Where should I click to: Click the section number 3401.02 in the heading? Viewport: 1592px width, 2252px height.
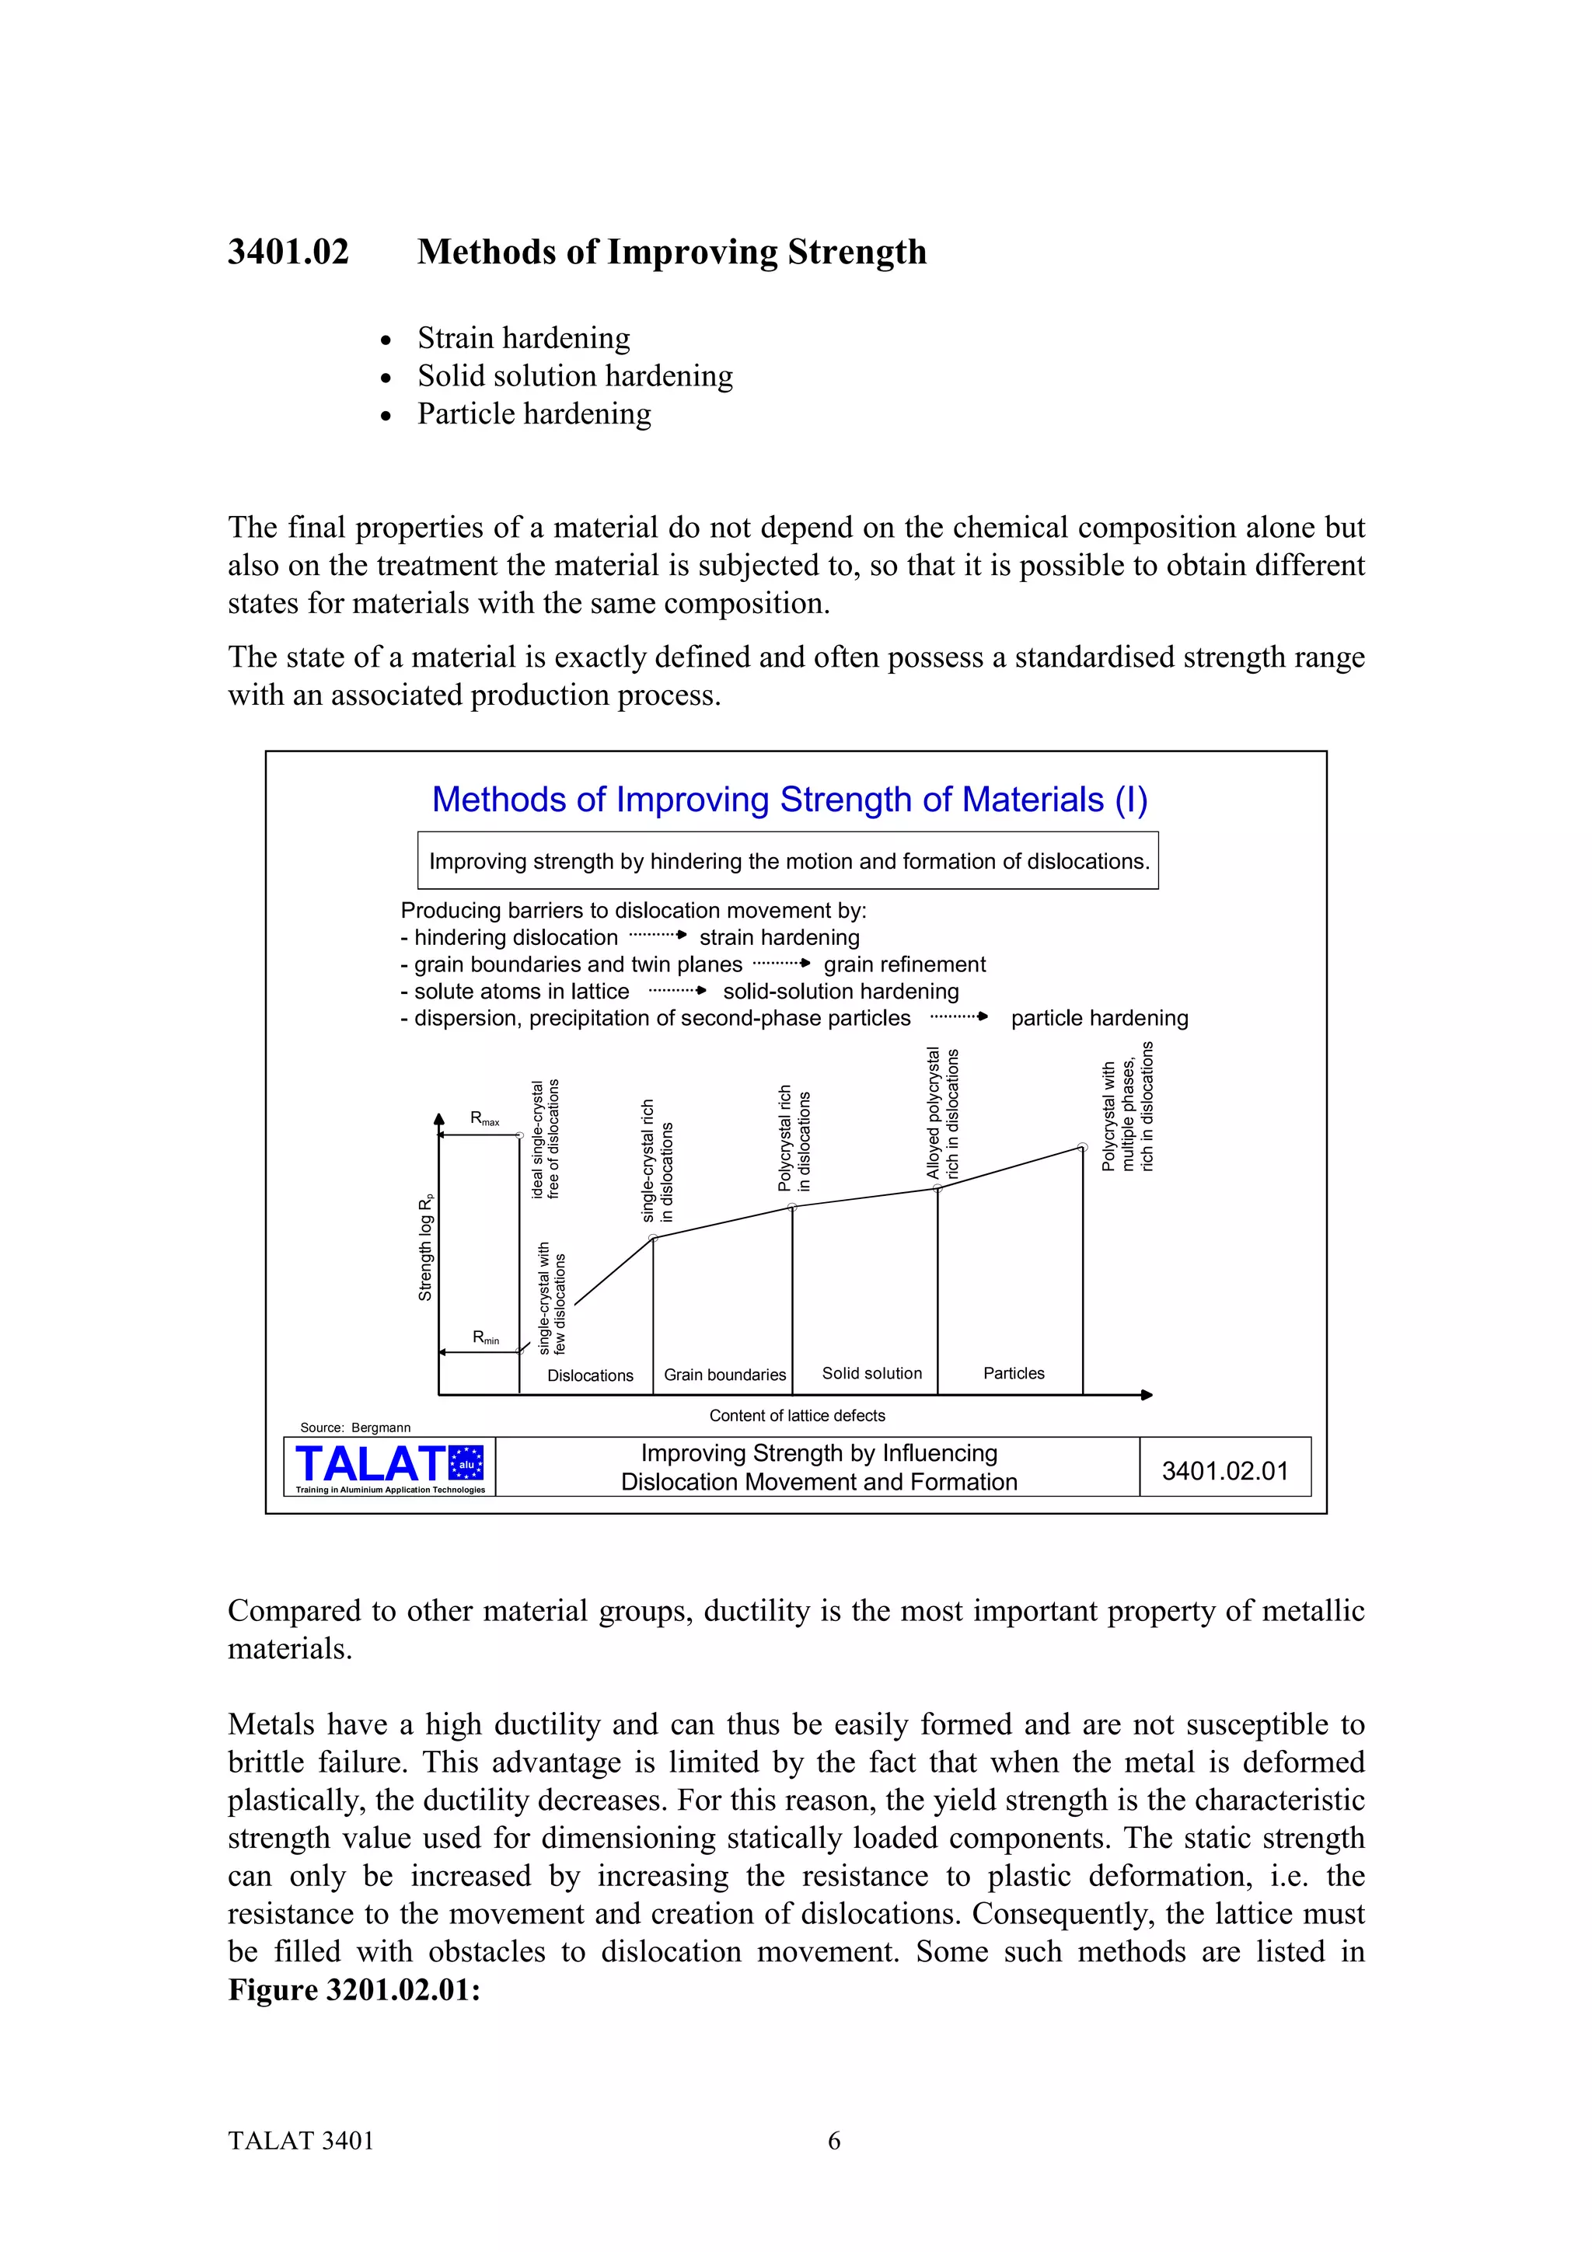point(288,252)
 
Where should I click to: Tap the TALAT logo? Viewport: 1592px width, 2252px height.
point(389,1466)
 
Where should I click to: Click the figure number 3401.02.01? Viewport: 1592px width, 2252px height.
point(1224,1470)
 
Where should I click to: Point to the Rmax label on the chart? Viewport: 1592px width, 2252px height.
point(484,1118)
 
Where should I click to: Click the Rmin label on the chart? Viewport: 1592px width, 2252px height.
point(486,1338)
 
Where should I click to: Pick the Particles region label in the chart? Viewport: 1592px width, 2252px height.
point(1014,1373)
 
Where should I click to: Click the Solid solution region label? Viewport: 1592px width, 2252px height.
point(871,1373)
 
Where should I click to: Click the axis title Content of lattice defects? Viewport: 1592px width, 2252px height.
point(797,1415)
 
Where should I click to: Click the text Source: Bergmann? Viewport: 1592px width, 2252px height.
point(355,1427)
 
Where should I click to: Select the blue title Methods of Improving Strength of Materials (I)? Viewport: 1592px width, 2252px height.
point(789,800)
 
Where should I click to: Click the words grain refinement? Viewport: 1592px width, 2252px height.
point(904,964)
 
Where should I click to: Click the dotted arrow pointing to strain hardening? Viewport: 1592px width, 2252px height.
point(656,936)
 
